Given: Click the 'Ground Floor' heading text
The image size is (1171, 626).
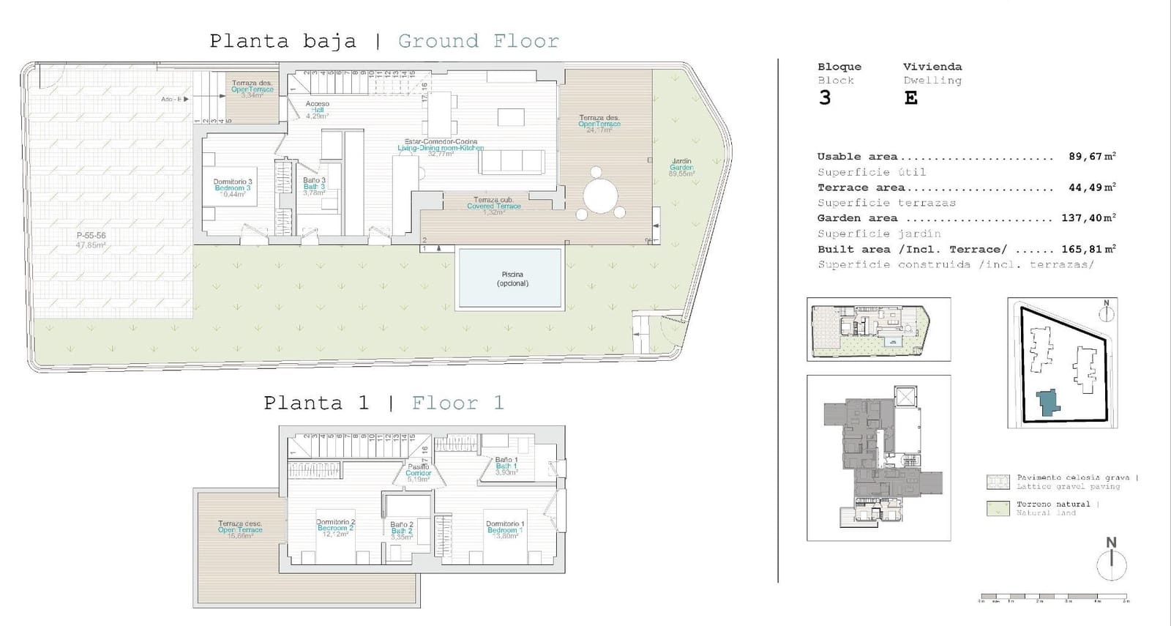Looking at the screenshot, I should (x=478, y=41).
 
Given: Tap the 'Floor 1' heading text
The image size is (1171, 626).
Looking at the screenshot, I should (x=457, y=403).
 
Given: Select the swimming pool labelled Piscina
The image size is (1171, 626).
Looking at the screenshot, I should (x=510, y=278).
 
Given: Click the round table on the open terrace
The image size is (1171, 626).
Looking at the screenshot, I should (x=600, y=195).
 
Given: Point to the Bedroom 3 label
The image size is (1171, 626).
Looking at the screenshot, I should (x=233, y=188).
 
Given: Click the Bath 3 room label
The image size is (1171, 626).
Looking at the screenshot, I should (x=314, y=187).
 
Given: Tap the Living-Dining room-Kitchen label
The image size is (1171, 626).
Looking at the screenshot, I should (x=441, y=148).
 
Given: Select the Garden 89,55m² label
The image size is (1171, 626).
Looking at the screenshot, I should (x=681, y=168).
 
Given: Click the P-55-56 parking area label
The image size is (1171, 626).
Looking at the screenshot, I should (x=91, y=240).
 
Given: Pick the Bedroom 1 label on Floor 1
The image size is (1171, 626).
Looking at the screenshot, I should (x=504, y=529).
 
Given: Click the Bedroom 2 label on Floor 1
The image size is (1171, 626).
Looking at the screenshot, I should (x=335, y=528).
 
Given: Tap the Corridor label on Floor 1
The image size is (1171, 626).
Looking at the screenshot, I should (x=419, y=473).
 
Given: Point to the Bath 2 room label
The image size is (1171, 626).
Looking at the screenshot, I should (x=402, y=530).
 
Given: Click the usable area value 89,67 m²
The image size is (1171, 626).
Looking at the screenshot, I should (x=1091, y=157).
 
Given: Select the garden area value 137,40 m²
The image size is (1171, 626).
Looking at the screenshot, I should (x=1088, y=218).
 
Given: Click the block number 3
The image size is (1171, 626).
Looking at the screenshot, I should (x=825, y=98).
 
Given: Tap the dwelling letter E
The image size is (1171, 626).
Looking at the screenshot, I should (x=910, y=98).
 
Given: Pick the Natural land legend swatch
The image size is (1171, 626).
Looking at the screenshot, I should (x=998, y=508).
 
